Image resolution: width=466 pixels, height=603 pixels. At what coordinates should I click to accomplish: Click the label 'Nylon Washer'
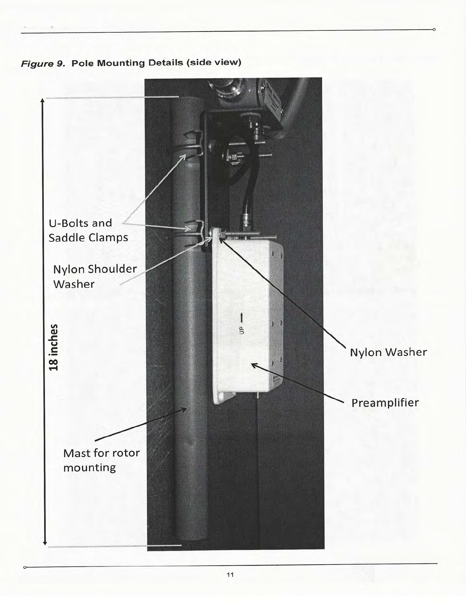pos(388,352)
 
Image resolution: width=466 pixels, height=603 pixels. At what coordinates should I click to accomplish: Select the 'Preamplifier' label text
pos(385,403)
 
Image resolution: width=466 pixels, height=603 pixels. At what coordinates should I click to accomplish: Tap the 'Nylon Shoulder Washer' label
pos(94,276)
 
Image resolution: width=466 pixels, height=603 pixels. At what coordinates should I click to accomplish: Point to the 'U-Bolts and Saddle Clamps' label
pos(88,230)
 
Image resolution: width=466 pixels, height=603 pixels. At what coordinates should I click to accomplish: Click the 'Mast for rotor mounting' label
pos(101,460)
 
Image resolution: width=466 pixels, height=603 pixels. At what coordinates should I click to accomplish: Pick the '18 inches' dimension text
pos(55,347)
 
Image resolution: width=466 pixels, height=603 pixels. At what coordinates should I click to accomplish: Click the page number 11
pos(230,574)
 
